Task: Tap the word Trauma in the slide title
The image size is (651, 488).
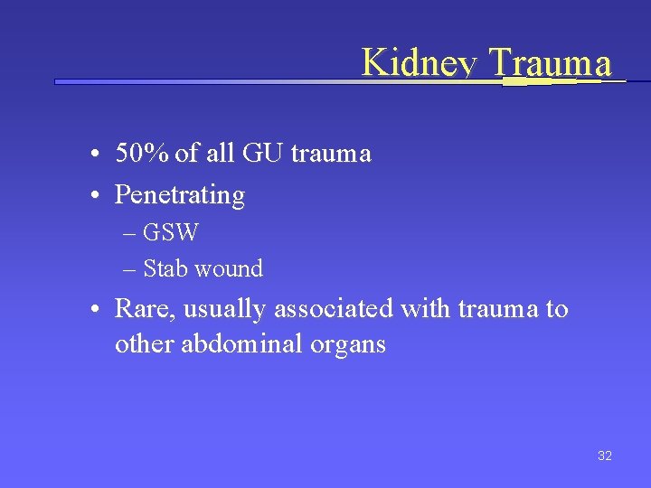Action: pyautogui.click(x=550, y=63)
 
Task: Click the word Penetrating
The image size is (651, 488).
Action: pyautogui.click(x=180, y=195)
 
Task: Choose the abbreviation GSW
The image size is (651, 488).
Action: pyautogui.click(x=171, y=232)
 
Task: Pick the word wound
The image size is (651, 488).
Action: pyautogui.click(x=229, y=268)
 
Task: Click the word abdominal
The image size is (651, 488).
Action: pyautogui.click(x=238, y=344)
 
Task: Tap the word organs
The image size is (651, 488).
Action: pyautogui.click(x=348, y=344)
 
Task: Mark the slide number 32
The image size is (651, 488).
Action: pyautogui.click(x=605, y=455)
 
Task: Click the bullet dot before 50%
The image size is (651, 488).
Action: pyautogui.click(x=95, y=155)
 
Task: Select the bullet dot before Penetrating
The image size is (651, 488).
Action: pyautogui.click(x=95, y=195)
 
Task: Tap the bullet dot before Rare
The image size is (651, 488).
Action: pyautogui.click(x=95, y=310)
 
